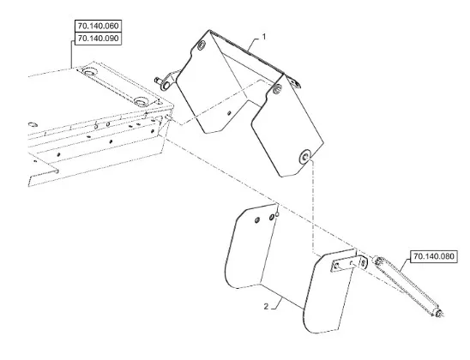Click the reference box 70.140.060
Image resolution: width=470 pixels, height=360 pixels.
[98, 26]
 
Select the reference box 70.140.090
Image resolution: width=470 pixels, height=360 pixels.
[98, 39]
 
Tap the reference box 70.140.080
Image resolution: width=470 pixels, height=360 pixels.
[434, 256]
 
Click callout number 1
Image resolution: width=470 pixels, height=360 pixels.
[264, 37]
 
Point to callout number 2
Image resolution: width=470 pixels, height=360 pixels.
[266, 307]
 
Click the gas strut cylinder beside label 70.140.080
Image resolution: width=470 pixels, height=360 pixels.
[408, 286]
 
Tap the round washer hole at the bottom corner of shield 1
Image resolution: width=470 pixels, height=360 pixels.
[305, 156]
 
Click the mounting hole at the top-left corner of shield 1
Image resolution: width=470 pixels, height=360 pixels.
[202, 45]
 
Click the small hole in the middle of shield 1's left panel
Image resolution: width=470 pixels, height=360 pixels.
[229, 113]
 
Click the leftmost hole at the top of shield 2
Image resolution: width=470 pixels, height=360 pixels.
[257, 220]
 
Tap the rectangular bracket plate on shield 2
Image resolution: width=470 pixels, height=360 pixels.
[345, 264]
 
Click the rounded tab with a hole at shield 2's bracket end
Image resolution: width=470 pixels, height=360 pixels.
[364, 262]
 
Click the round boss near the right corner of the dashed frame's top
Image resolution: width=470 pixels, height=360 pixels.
[141, 101]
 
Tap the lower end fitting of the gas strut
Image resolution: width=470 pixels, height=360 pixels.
[439, 313]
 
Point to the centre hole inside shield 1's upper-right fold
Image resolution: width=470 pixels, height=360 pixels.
[278, 87]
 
